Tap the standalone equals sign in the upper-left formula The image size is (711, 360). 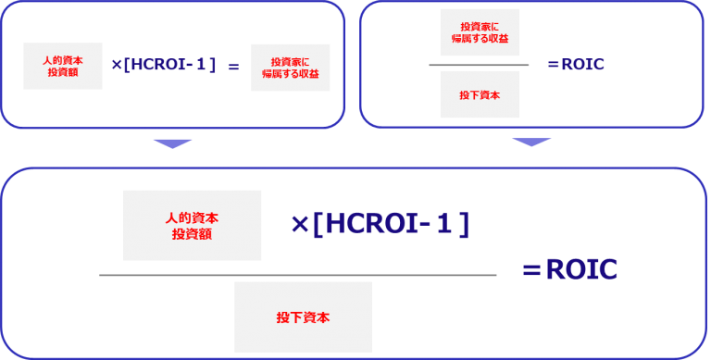pyautogui.click(x=233, y=67)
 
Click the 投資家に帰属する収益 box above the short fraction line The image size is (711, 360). pyautogui.click(x=479, y=32)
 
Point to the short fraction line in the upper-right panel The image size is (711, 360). pyautogui.click(x=479, y=65)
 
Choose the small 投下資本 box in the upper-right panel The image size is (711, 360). pyautogui.click(x=479, y=94)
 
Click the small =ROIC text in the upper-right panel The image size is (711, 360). pyautogui.click(x=576, y=65)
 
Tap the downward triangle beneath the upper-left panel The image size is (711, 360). pyautogui.click(x=172, y=143)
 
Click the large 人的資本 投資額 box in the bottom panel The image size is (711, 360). pyautogui.click(x=193, y=225)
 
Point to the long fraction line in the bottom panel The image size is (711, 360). pyautogui.click(x=297, y=275)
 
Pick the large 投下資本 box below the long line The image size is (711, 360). pyautogui.click(x=303, y=317)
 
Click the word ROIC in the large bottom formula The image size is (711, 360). pyautogui.click(x=581, y=270)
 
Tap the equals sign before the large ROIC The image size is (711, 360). pyautogui.click(x=531, y=270)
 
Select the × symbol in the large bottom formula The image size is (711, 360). pyautogui.click(x=299, y=224)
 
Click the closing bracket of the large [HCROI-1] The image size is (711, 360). pyautogui.click(x=465, y=224)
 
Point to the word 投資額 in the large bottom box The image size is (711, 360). pyautogui.click(x=193, y=235)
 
